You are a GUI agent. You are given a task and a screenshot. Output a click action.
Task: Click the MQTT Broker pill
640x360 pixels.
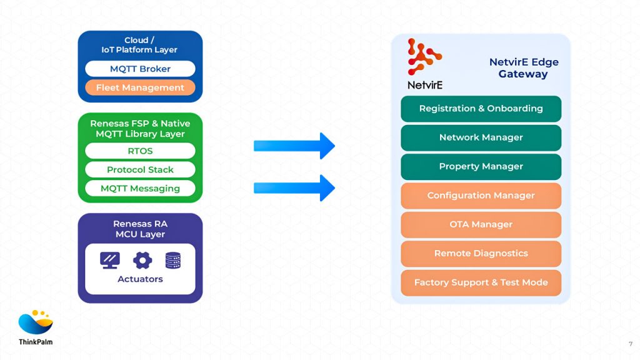[140, 69]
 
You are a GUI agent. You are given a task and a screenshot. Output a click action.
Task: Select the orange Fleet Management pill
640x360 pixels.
[140, 87]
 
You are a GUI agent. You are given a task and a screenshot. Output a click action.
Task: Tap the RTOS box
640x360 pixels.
[140, 151]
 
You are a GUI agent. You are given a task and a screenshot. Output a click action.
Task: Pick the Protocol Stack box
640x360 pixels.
[140, 169]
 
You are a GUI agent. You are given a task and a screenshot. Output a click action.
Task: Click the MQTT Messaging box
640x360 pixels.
[140, 188]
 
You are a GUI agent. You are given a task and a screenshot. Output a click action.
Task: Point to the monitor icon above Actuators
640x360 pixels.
[110, 260]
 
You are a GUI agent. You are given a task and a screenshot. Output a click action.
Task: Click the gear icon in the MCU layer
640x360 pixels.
[142, 260]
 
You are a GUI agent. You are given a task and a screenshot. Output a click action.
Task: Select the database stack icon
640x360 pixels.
[173, 260]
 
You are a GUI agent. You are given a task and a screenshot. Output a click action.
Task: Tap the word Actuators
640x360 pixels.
[140, 279]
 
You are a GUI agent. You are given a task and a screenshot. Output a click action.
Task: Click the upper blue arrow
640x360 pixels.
[294, 146]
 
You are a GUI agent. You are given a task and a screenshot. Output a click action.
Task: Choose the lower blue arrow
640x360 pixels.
[294, 187]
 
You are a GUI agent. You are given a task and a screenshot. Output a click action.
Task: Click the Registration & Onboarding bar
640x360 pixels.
[481, 109]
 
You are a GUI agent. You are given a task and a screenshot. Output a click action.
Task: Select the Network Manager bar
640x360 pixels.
[481, 137]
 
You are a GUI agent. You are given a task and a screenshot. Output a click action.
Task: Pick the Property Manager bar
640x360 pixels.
[481, 167]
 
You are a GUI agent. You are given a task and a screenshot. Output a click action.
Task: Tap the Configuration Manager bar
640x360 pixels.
[481, 196]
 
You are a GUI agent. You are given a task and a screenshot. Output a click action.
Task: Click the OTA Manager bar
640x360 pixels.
[481, 224]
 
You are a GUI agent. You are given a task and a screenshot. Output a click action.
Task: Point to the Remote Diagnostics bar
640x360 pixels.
[481, 254]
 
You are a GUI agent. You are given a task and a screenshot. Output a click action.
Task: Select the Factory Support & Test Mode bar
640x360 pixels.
[481, 282]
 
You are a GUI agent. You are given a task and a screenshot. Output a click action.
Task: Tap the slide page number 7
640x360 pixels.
[630, 344]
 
